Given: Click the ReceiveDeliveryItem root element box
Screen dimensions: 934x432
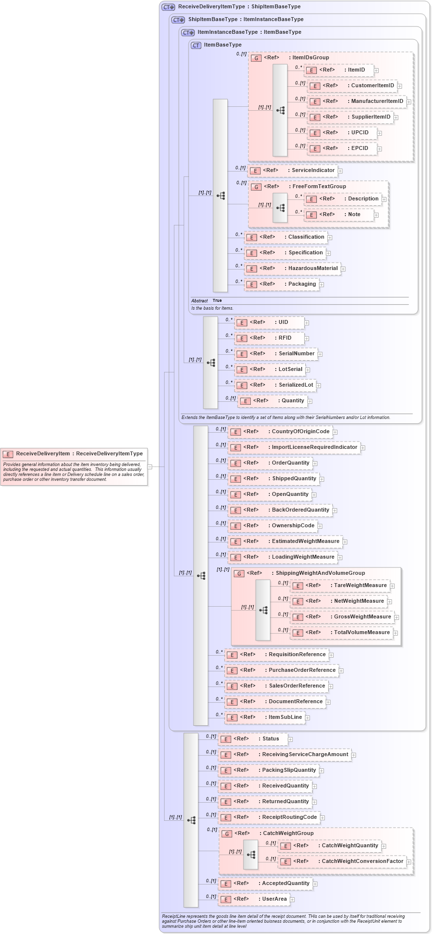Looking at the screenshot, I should click(x=74, y=454).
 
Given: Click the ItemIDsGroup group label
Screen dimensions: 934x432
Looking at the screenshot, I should click(x=310, y=58).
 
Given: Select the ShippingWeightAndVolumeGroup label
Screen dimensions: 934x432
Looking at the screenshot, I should click(x=320, y=573).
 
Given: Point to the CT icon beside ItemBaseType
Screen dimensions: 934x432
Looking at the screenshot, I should click(x=196, y=45).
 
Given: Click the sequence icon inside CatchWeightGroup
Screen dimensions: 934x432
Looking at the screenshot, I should click(x=251, y=855).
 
